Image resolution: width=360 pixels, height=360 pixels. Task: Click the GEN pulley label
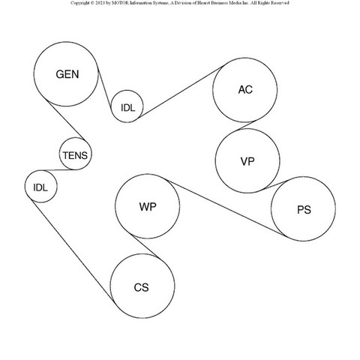pyautogui.click(x=67, y=74)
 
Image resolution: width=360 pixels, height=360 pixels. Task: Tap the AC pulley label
pyautogui.click(x=245, y=89)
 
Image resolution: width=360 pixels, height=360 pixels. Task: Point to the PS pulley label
pyautogui.click(x=304, y=209)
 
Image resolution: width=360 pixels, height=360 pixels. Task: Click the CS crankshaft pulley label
pyautogui.click(x=141, y=287)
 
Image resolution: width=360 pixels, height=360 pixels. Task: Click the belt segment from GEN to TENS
pyautogui.click(x=65, y=119)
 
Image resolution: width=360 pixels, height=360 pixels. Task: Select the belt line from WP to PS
pyautogui.click(x=226, y=208)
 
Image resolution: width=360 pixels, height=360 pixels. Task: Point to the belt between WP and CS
pyautogui.click(x=146, y=247)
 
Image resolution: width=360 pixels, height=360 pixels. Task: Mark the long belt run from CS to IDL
pyautogui.click(x=71, y=249)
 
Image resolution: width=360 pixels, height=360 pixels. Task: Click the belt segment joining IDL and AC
pyautogui.click(x=182, y=91)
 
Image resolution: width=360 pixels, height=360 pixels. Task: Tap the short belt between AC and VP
pyautogui.click(x=247, y=125)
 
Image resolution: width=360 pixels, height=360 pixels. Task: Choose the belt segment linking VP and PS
pyautogui.click(x=275, y=185)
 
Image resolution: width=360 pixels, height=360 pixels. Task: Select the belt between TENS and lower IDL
pyautogui.click(x=58, y=170)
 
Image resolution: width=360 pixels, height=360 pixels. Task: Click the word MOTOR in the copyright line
pyautogui.click(x=120, y=3)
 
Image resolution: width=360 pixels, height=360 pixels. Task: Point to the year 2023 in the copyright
pyautogui.click(x=100, y=3)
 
